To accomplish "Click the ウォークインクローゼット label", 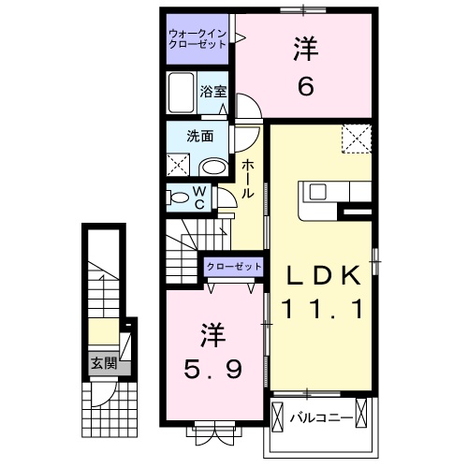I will pos(197,39).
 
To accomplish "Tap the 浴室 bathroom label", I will pos(214,92).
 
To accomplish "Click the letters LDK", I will pos(323,276).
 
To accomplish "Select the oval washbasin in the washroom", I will pos(215,168).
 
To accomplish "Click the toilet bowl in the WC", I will pos(177,197).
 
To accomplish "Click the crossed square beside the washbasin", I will pos(180,165).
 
